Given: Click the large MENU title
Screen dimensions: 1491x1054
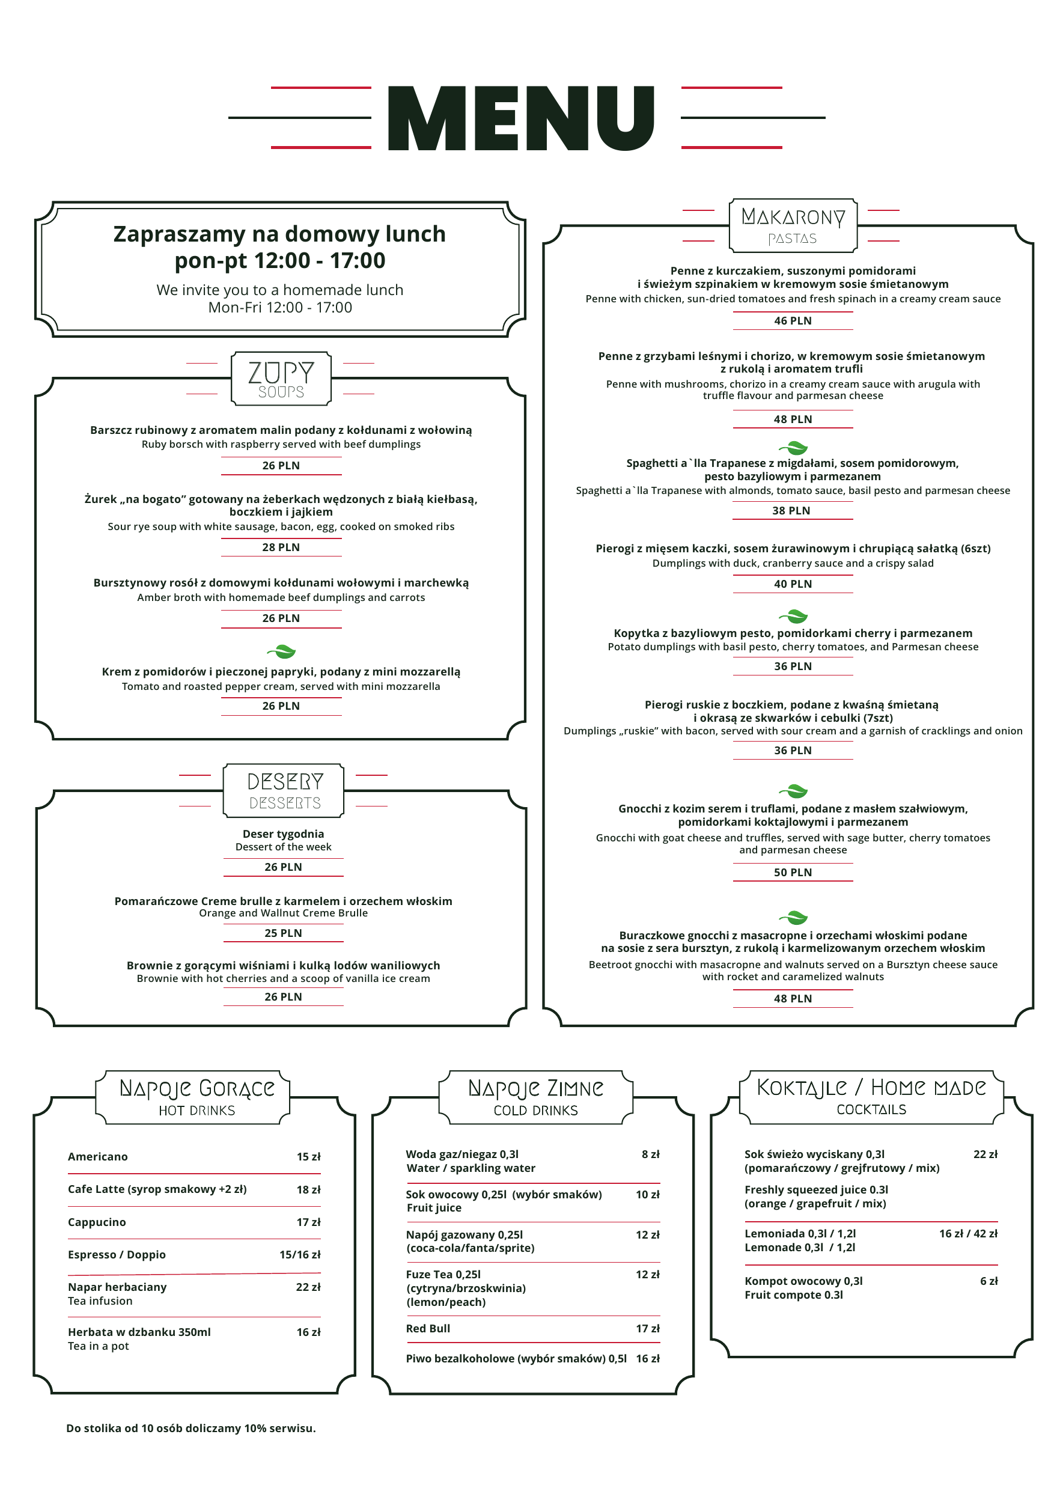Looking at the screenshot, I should (521, 118).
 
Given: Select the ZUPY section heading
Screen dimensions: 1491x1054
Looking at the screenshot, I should (281, 373).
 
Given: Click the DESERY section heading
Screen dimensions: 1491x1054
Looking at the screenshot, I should (284, 781).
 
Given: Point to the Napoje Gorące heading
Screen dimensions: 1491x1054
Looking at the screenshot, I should (196, 1088).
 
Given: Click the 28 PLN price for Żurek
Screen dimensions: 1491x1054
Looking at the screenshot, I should (281, 547).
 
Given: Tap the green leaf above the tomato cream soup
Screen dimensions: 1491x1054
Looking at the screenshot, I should (281, 651).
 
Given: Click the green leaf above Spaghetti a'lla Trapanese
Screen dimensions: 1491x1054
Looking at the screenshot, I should (793, 448).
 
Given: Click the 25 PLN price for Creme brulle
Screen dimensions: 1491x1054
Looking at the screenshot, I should (283, 933).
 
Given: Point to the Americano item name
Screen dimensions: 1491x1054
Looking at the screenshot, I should (98, 1157).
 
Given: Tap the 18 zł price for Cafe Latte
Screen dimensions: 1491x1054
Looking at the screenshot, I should (308, 1190).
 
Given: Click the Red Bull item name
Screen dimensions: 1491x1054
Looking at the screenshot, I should (428, 1329).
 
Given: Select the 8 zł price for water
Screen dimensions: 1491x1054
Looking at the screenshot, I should (650, 1154).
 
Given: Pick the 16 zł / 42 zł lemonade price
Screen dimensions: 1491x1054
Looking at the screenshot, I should (967, 1233).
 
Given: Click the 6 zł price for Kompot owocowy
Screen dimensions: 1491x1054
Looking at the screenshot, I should (989, 1281).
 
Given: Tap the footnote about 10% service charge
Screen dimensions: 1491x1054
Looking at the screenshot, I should (191, 1428).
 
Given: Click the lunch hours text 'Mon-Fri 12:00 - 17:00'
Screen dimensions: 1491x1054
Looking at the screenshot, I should (280, 308).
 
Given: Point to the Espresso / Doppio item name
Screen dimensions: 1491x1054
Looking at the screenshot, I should (117, 1255).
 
